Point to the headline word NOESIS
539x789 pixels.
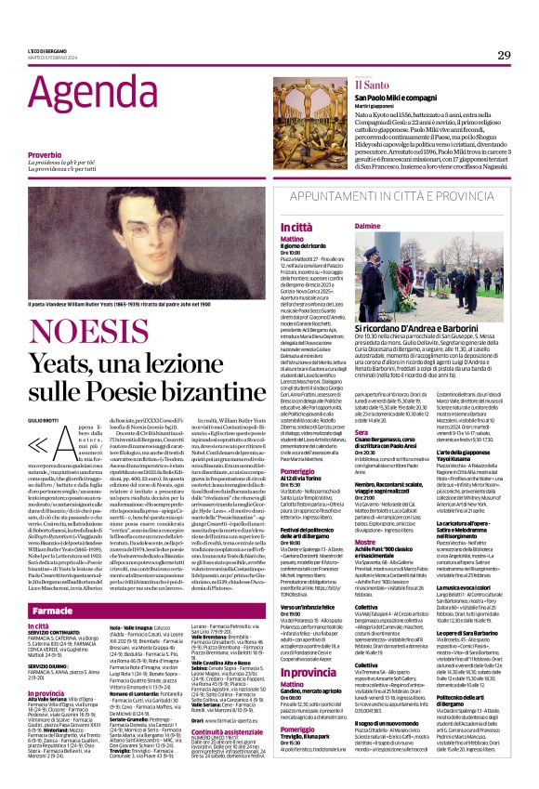point(99,320)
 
